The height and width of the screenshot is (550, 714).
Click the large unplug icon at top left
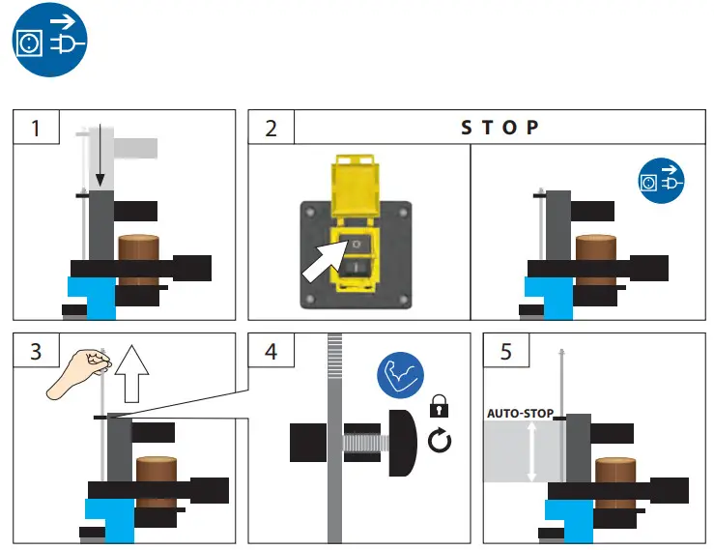click(x=49, y=42)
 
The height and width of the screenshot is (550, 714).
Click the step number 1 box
click(x=36, y=128)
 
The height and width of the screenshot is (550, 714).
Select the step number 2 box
click(x=271, y=128)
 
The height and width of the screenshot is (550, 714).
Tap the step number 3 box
click(x=36, y=351)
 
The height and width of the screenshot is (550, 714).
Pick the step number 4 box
click(x=271, y=351)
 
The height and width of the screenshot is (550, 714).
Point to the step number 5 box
click(x=506, y=351)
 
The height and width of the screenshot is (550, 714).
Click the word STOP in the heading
click(x=499, y=128)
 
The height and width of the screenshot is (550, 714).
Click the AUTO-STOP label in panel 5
click(x=520, y=414)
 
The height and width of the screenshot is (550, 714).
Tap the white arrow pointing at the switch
click(x=324, y=259)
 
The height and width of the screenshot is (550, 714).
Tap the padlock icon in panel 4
click(x=440, y=405)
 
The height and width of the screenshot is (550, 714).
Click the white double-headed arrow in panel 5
click(x=530, y=450)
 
